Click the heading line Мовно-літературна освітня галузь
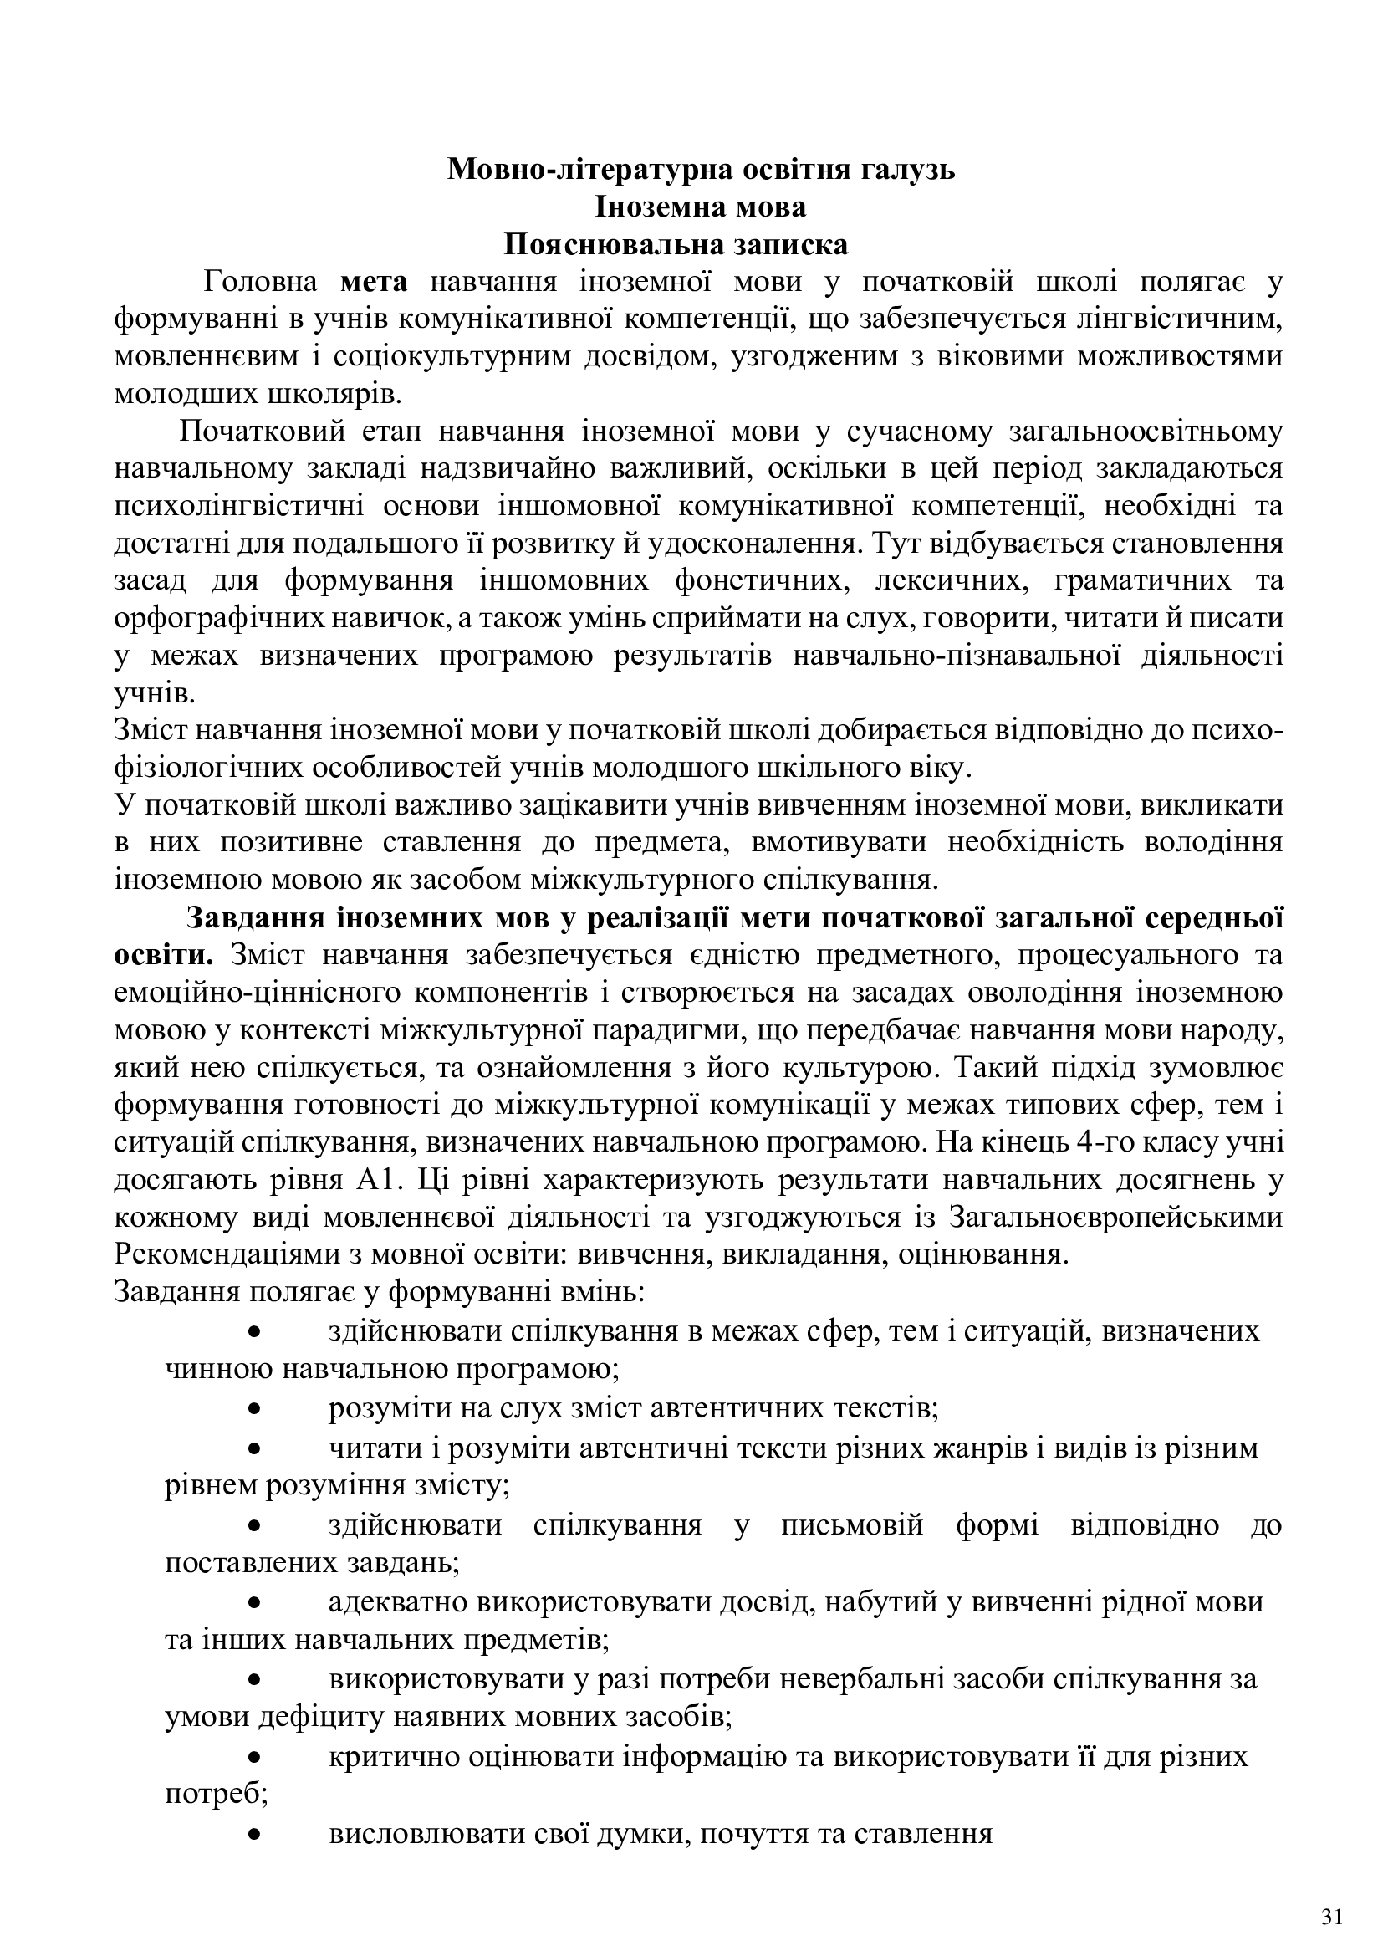(x=701, y=170)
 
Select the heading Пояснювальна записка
(x=676, y=244)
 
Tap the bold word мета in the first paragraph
(x=375, y=282)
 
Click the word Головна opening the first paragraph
(x=262, y=282)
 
